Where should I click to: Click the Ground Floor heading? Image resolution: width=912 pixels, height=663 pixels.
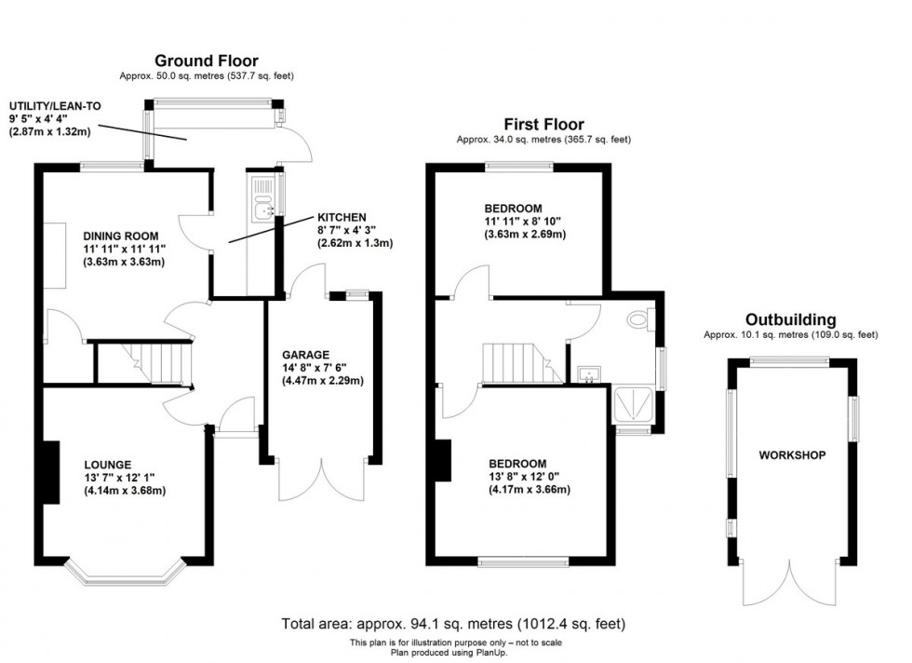tap(206, 61)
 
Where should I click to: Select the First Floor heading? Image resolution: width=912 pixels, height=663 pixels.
tap(543, 124)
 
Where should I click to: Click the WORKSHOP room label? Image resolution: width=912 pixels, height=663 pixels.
tap(792, 455)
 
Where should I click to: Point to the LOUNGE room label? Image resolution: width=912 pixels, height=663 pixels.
tap(107, 464)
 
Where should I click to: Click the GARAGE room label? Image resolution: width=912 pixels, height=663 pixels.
tap(306, 355)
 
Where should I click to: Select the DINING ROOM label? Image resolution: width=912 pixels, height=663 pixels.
tap(120, 236)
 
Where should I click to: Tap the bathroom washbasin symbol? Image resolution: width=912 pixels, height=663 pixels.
tap(586, 374)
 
